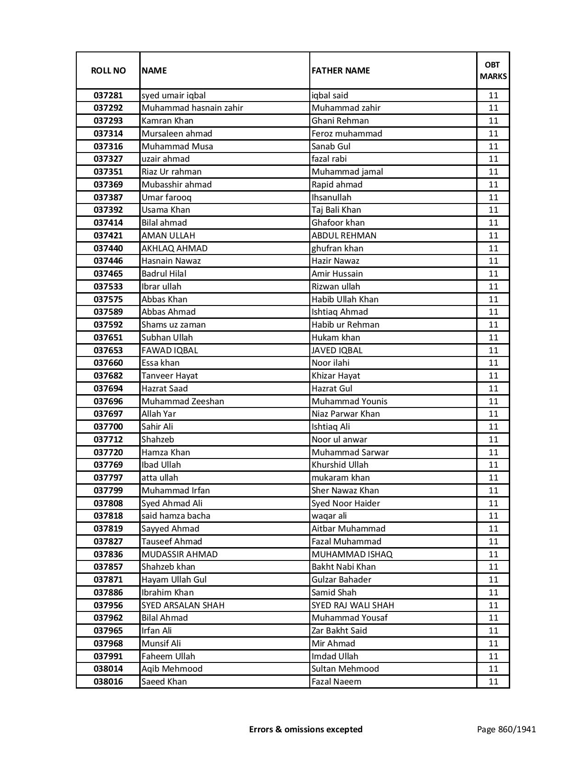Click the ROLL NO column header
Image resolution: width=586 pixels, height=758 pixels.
[x=108, y=70]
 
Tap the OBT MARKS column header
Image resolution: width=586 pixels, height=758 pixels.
[x=493, y=70]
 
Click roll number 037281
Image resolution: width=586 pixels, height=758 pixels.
[x=108, y=96]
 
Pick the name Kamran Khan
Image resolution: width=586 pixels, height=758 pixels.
[x=167, y=121]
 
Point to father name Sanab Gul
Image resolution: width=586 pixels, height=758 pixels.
[x=331, y=147]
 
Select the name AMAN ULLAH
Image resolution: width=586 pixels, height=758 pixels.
[x=168, y=236]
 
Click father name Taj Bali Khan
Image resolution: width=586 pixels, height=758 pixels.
[x=336, y=210]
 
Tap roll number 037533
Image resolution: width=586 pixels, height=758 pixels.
[x=108, y=287]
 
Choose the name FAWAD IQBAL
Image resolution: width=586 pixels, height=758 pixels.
[x=170, y=351]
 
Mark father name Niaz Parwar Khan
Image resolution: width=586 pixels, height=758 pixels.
[x=346, y=414]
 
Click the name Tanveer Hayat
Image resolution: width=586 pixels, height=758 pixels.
[x=170, y=376]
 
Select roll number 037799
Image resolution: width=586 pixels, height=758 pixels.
[x=108, y=491]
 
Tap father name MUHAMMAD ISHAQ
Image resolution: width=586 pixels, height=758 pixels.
[x=352, y=554]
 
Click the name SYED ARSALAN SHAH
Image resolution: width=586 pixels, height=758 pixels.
[x=183, y=605]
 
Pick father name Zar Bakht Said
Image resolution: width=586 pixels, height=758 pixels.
[x=339, y=631]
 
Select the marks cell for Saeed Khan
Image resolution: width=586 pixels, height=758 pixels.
[x=493, y=682]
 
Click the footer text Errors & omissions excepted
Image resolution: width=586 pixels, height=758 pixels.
[x=306, y=729]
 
